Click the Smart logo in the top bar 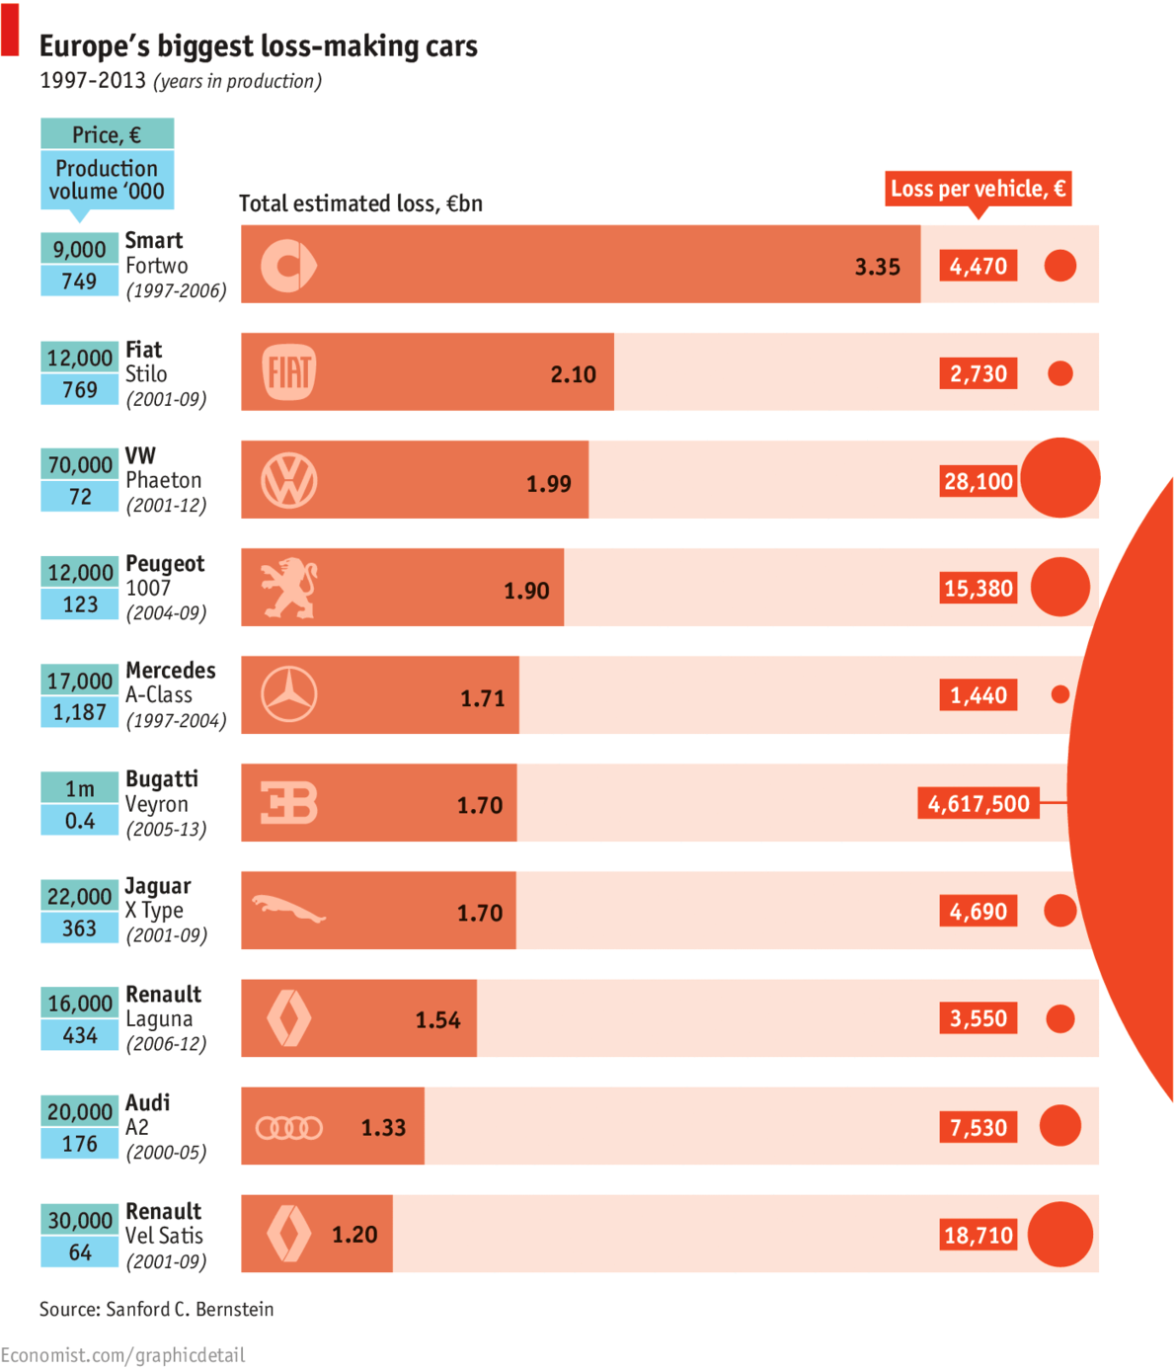click(288, 266)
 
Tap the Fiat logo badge click(289, 372)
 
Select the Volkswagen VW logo click(289, 481)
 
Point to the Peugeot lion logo click(289, 588)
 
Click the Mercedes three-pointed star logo click(289, 694)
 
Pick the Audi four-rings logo click(289, 1127)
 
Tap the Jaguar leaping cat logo click(288, 910)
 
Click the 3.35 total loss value click(877, 267)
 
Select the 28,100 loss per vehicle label click(979, 481)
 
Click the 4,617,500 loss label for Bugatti click(979, 803)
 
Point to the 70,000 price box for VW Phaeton click(80, 464)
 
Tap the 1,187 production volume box click(80, 712)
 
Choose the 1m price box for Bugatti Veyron click(80, 788)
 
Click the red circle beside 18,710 click(1060, 1234)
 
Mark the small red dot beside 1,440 click(1060, 694)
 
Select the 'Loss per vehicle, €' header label click(978, 189)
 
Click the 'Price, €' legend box click(107, 134)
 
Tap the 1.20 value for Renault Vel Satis click(354, 1235)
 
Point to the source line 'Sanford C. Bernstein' click(157, 1309)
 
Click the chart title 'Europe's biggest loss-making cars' click(259, 46)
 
